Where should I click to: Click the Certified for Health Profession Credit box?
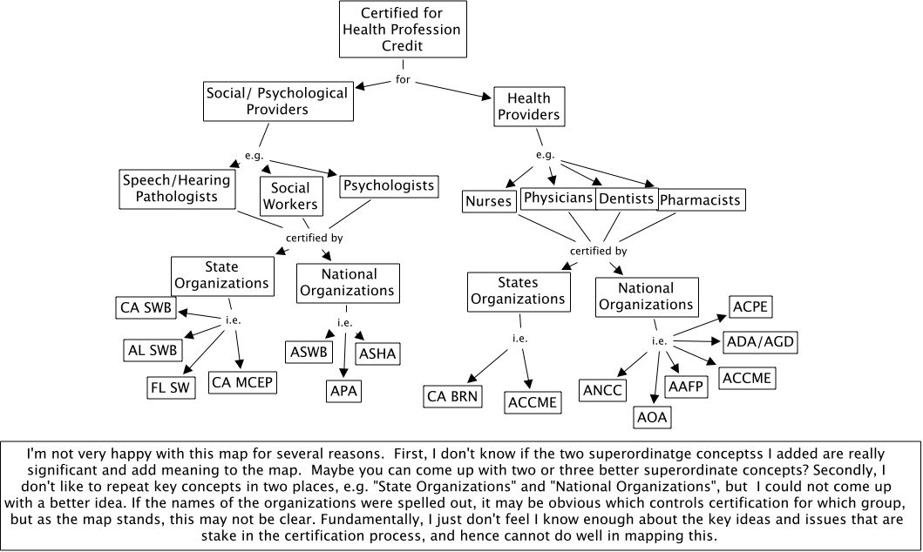[402, 29]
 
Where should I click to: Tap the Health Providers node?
[528, 106]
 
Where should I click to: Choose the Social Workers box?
[290, 197]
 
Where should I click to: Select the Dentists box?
[626, 199]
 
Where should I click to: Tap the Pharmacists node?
[701, 200]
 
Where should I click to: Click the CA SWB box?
[146, 307]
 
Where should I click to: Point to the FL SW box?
[171, 387]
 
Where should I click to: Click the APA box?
[343, 392]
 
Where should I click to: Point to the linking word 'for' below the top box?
[403, 79]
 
